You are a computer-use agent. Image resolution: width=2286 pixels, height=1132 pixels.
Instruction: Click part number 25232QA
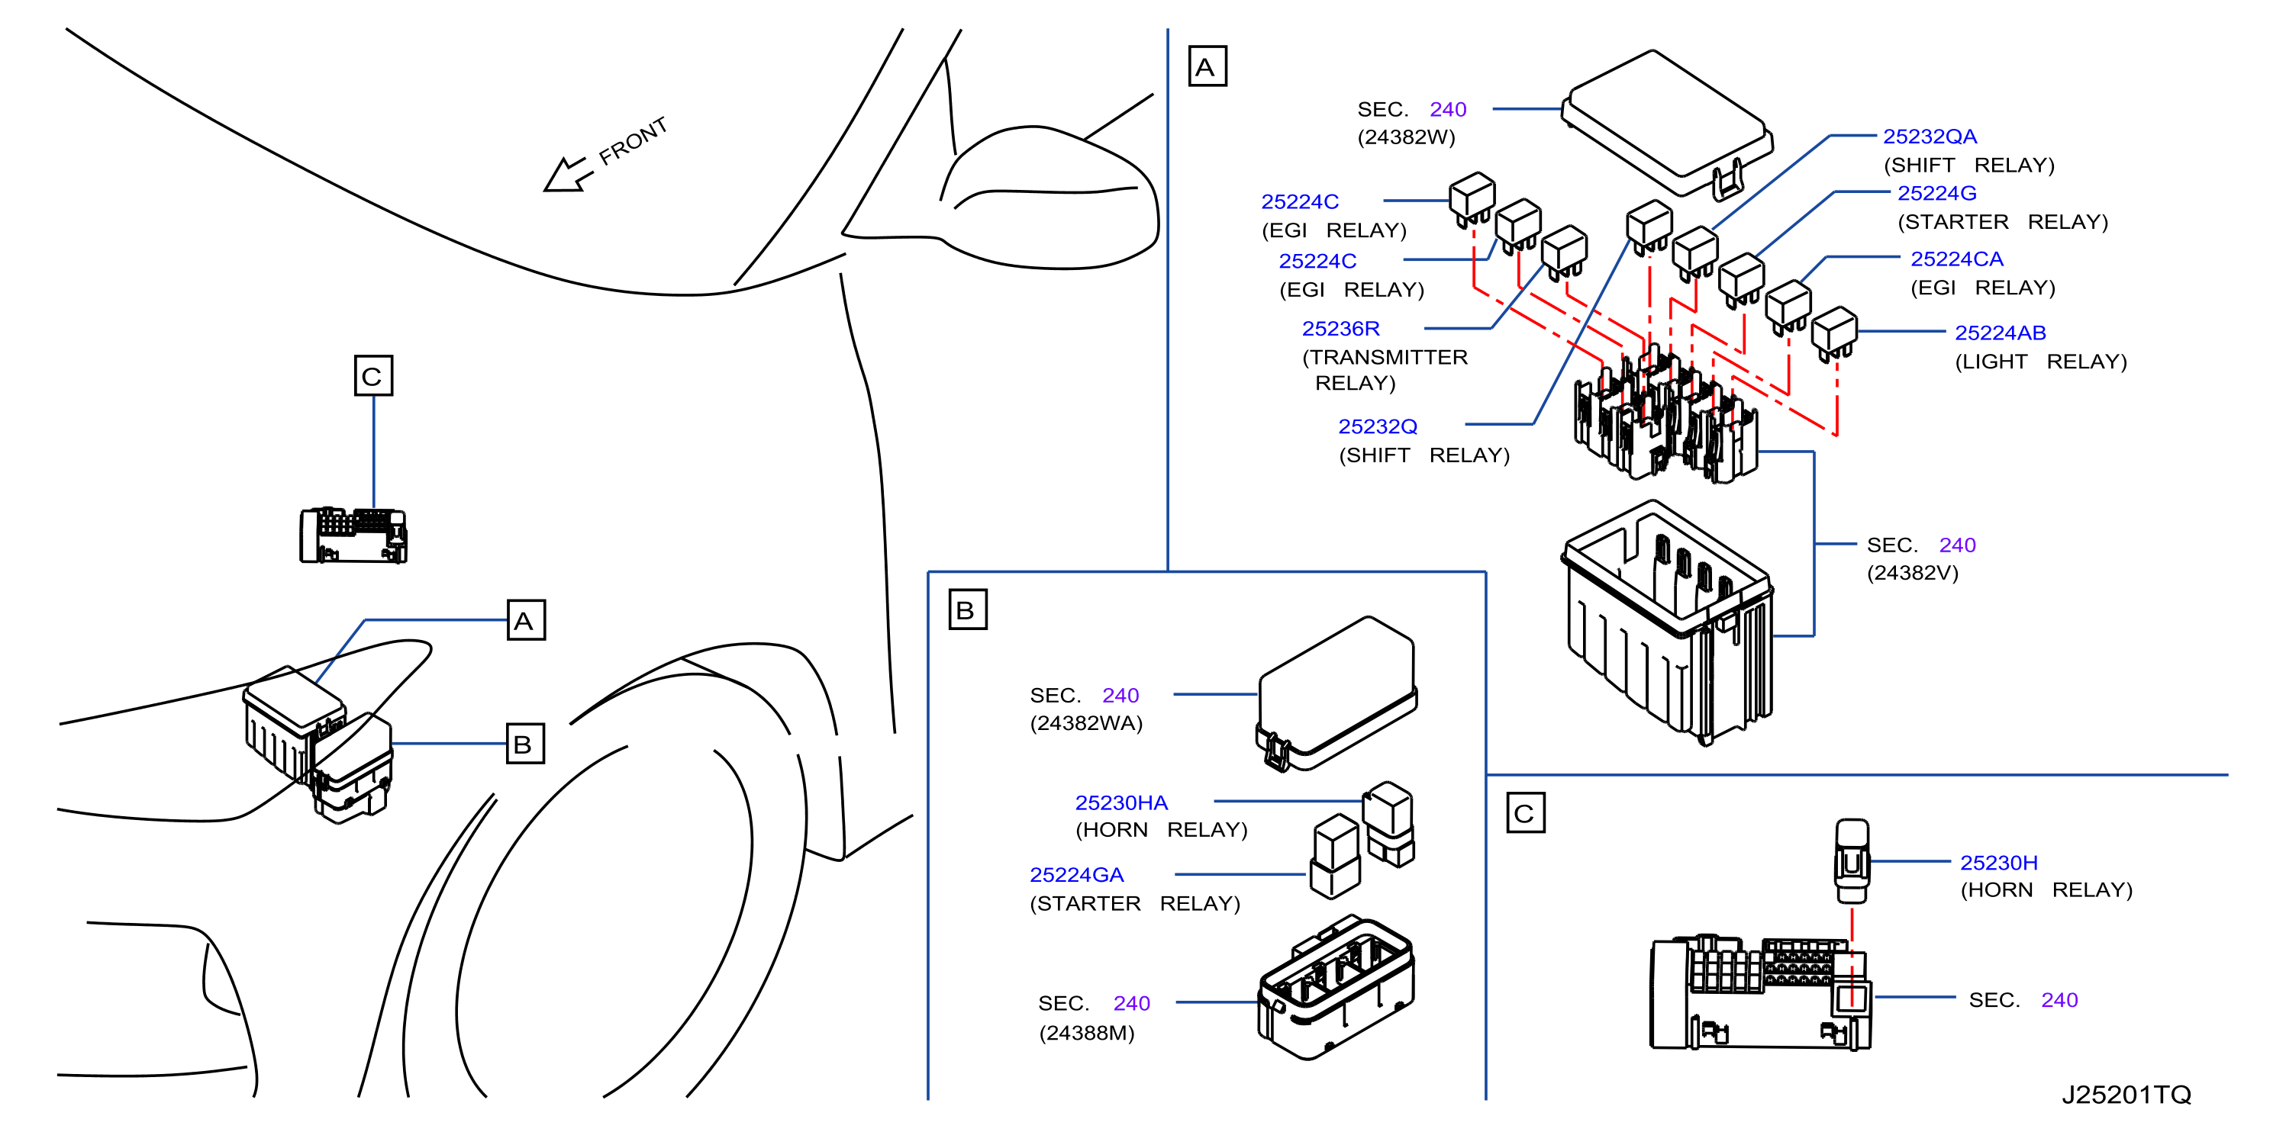pos(1930,137)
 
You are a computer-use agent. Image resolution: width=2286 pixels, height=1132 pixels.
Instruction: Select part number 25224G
pos(1936,194)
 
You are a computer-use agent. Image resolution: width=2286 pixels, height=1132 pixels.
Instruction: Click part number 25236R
pos(1340,329)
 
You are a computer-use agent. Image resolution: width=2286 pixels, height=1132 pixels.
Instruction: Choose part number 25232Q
pos(1377,426)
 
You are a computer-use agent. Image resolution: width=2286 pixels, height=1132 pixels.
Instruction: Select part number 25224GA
pos(1076,875)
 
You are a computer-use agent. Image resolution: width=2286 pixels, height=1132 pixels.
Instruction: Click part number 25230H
pos(1998,863)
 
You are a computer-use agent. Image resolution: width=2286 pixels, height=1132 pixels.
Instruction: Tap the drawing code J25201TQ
pos(2126,1095)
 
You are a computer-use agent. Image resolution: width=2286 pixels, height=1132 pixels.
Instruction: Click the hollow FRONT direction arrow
pos(567,174)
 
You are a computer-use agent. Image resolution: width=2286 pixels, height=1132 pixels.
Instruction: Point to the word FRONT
pos(633,141)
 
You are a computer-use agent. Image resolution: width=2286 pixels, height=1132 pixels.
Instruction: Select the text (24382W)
pos(1406,137)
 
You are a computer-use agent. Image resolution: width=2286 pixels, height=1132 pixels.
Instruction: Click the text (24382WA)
pos(1085,723)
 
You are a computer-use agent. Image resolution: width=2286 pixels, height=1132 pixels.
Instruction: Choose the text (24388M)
pos(1086,1033)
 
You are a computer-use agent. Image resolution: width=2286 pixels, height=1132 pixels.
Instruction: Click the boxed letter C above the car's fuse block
pos(372,376)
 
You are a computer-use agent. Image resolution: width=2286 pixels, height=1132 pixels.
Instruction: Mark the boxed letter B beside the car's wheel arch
pos(524,744)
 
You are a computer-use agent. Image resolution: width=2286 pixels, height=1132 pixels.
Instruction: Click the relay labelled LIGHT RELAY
pos(1833,333)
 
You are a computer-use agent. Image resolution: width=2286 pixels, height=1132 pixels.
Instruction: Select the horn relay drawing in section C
pos(1851,860)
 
